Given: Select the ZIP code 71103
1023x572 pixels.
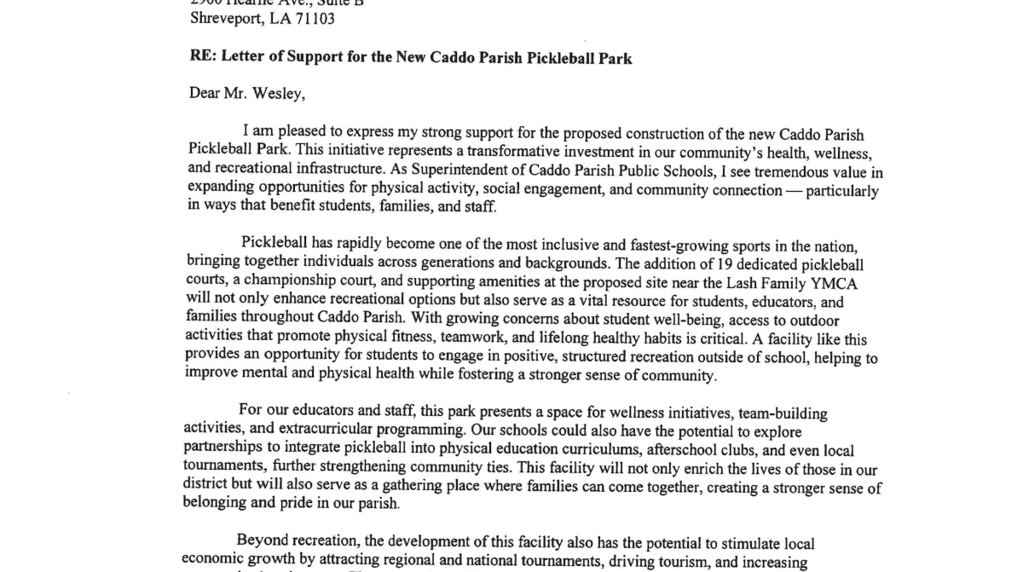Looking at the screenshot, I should click(x=318, y=19).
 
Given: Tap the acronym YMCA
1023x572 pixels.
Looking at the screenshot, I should click(x=822, y=284).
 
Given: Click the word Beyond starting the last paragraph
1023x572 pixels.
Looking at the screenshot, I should click(x=259, y=542).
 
